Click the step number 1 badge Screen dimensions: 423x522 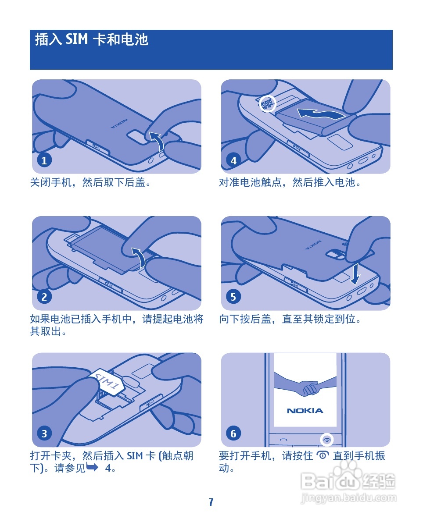44,160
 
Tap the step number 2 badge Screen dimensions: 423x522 44,297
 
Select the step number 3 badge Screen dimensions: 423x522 44,433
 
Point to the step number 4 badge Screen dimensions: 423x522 233,160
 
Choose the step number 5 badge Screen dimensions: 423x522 233,297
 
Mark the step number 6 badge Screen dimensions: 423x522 233,433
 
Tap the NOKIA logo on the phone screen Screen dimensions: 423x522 305,411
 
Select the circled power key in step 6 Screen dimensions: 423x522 327,440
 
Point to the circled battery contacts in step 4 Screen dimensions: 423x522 267,104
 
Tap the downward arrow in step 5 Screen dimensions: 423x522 356,273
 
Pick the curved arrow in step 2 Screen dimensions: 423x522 140,257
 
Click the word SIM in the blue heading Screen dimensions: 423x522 77,39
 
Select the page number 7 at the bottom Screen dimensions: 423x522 211,502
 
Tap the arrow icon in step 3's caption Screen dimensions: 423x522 92,467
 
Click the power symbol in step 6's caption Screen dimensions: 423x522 323,455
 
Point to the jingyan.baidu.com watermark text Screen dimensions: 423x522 349,498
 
